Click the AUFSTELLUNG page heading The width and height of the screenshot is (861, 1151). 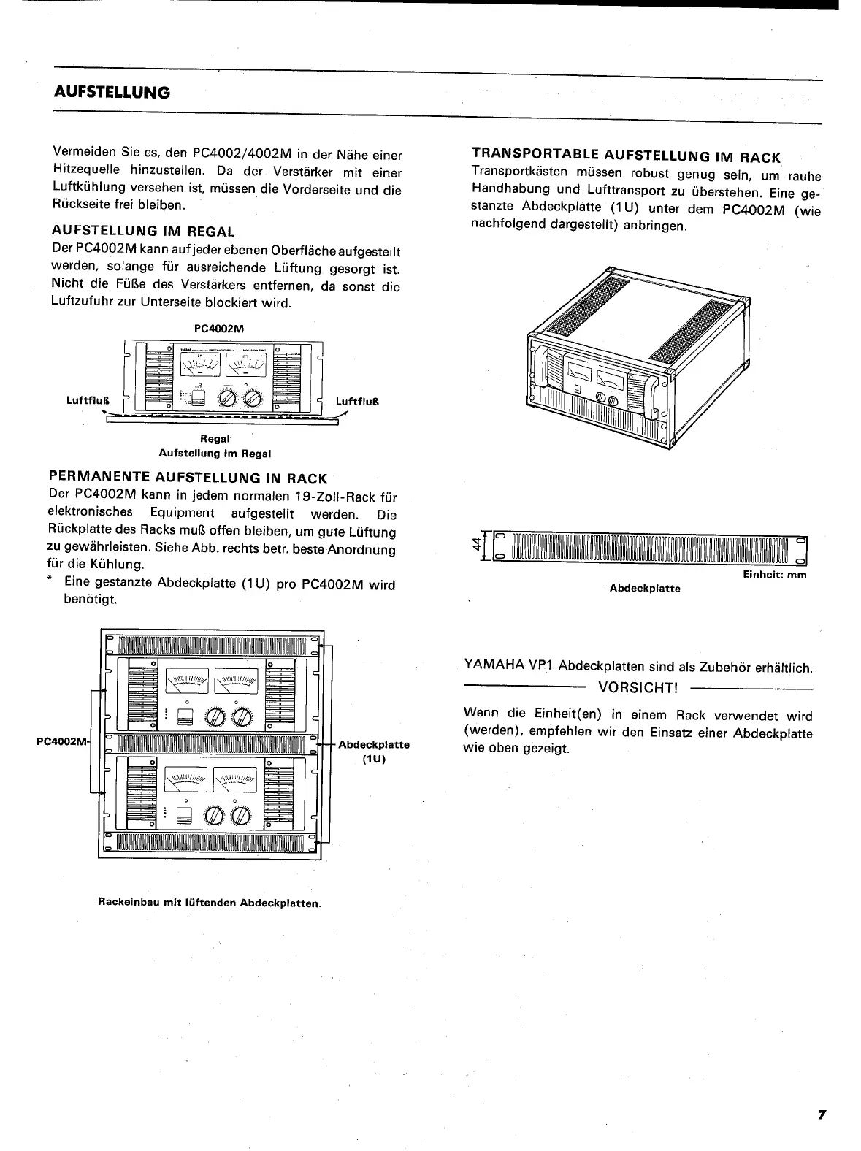click(x=112, y=93)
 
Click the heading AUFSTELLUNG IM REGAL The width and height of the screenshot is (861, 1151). click(x=144, y=232)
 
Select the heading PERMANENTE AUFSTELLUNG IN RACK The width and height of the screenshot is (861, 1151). click(x=186, y=478)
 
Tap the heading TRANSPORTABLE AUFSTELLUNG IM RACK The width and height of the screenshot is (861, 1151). click(x=626, y=156)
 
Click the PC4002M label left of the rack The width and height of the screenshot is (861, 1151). click(x=61, y=743)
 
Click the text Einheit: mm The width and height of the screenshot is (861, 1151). click(x=774, y=575)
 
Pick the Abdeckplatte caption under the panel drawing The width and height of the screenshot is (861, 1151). click(x=645, y=588)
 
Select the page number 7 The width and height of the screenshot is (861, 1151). click(x=822, y=1114)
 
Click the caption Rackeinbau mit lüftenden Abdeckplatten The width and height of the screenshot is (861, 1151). click(x=210, y=903)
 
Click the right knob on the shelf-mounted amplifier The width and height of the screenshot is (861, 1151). click(x=252, y=398)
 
